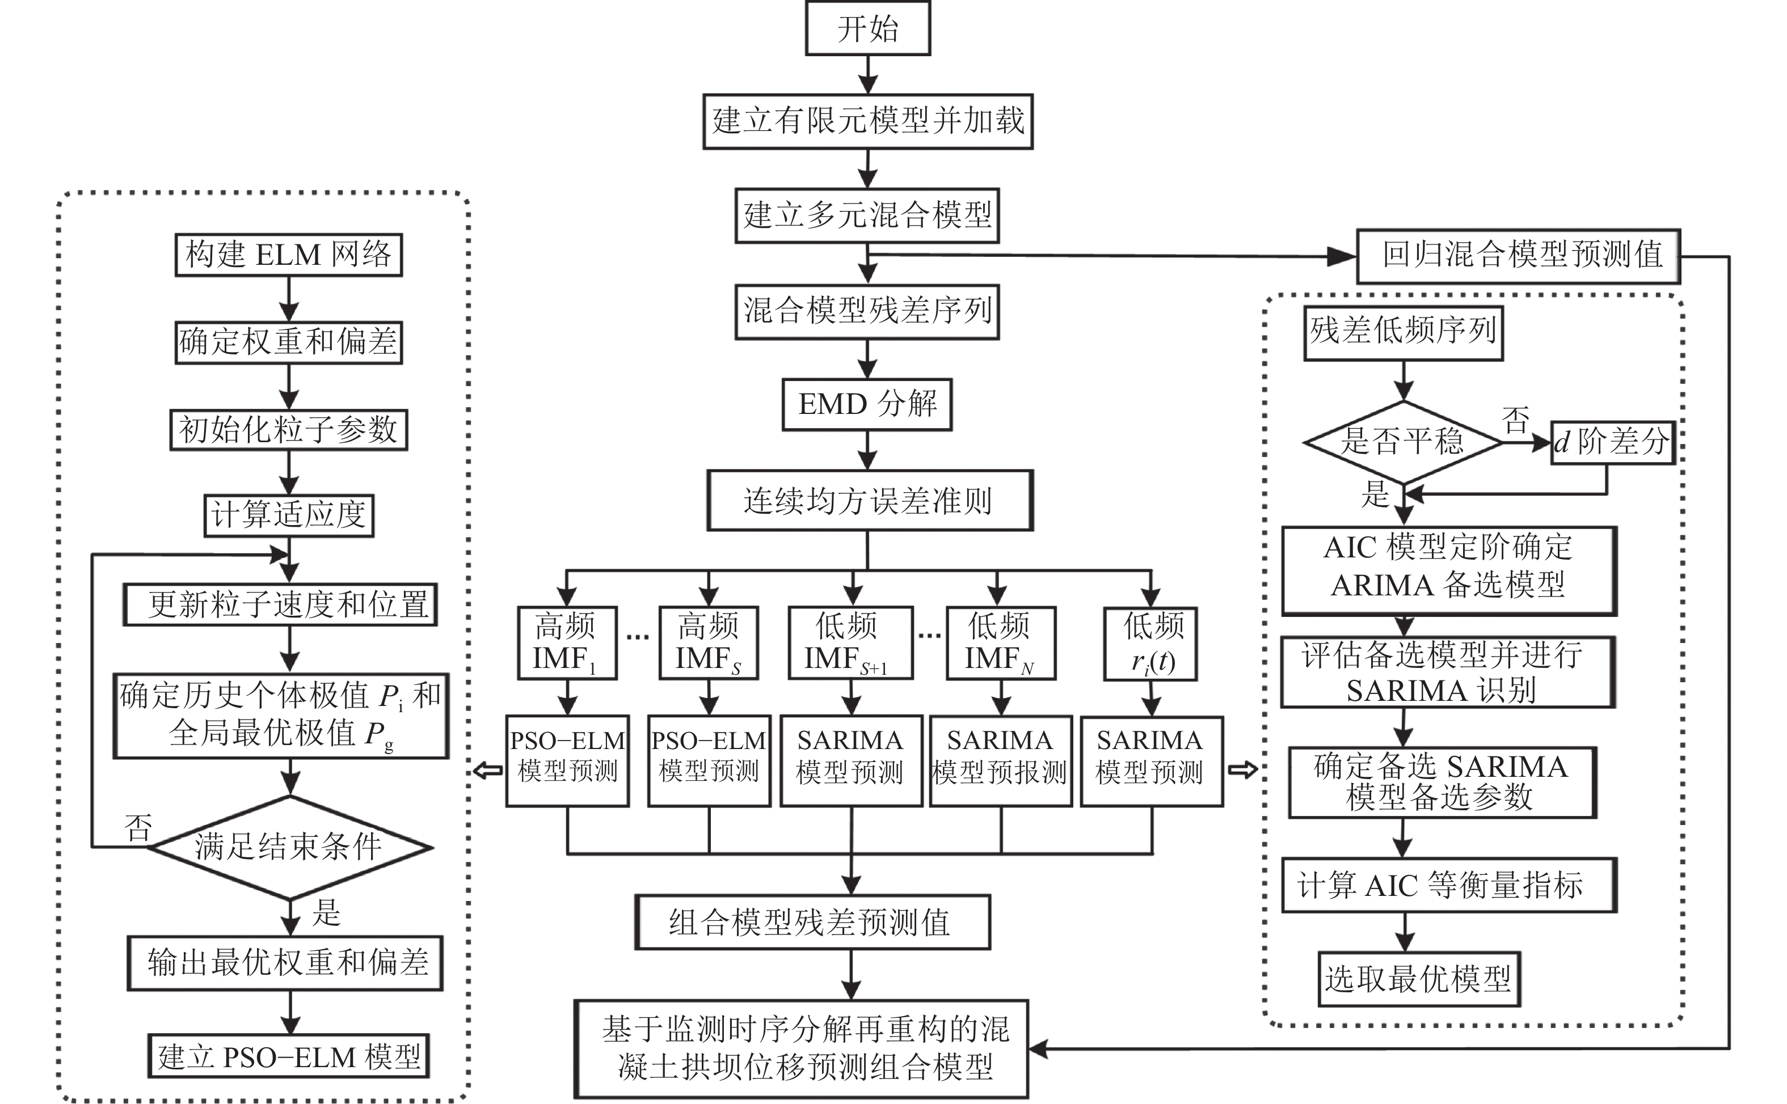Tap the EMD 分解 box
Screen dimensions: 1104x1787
(867, 404)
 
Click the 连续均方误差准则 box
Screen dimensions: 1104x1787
(869, 500)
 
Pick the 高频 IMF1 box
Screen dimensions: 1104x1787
(567, 643)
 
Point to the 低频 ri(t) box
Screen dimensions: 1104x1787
(1150, 643)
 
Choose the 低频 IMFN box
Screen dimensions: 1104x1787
(1001, 643)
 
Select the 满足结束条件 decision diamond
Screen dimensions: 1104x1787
(290, 847)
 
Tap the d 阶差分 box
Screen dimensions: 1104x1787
(1612, 442)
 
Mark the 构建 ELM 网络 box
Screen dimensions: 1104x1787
(288, 255)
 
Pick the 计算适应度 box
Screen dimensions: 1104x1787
(288, 515)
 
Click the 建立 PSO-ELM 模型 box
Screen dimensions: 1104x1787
(288, 1056)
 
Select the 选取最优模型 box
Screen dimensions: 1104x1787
(1418, 979)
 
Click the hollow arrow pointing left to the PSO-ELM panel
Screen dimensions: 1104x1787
(488, 769)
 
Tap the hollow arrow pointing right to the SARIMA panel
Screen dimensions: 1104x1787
(1243, 769)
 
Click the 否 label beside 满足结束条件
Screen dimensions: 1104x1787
(137, 828)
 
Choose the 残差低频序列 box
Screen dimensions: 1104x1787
(1403, 332)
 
